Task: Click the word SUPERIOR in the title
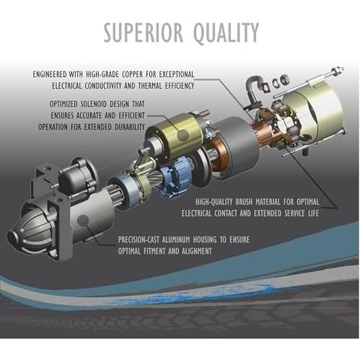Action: tap(143, 32)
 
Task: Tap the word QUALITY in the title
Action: tap(226, 32)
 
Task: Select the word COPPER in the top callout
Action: tap(133, 74)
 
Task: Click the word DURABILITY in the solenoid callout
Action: tap(130, 127)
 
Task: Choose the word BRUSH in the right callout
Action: tap(244, 202)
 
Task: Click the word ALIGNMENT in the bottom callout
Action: tap(197, 251)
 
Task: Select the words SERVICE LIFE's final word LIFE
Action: tap(314, 214)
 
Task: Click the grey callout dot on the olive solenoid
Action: tap(183, 135)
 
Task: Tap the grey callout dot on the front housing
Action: tap(83, 220)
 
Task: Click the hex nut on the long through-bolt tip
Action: tap(340, 70)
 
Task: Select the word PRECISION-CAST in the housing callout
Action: tap(139, 240)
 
